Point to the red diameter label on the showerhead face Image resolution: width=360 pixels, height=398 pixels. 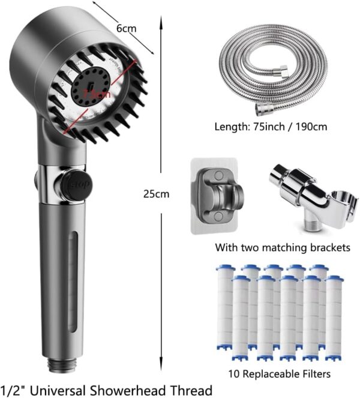(x=97, y=94)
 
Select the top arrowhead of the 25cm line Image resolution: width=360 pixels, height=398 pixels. (x=160, y=18)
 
